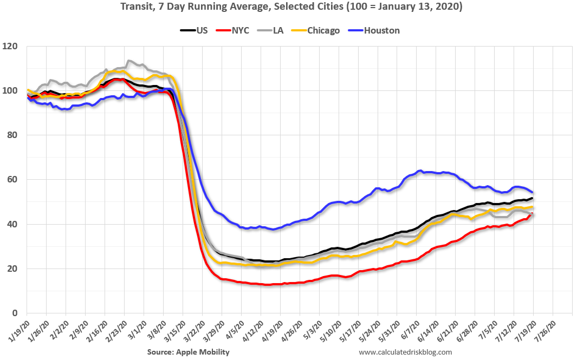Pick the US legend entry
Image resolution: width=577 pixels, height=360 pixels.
(196, 30)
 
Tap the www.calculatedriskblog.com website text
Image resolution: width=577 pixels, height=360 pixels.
(405, 352)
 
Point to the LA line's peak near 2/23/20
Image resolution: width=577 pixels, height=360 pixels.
(128, 61)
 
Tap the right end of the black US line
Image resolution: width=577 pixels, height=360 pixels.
(533, 198)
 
